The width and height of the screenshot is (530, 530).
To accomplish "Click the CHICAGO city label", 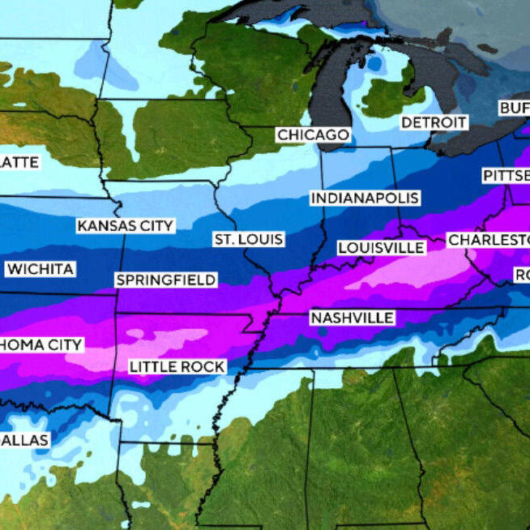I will pyautogui.click(x=313, y=135).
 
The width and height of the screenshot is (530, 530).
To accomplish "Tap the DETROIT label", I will pyautogui.click(x=434, y=122).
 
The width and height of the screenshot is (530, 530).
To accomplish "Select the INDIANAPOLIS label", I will pyautogui.click(x=365, y=199).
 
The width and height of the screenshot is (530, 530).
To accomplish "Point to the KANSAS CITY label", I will pyautogui.click(x=126, y=226).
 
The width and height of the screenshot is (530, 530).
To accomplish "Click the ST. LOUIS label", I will pyautogui.click(x=249, y=239).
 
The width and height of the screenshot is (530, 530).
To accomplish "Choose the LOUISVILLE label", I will pyautogui.click(x=381, y=247).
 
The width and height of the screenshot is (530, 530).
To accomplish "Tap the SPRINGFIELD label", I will pyautogui.click(x=166, y=280).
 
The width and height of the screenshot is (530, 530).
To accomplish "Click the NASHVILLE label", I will pyautogui.click(x=352, y=318).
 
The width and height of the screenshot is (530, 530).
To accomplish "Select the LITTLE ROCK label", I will pyautogui.click(x=177, y=367).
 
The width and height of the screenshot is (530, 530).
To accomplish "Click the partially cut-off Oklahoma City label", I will pyautogui.click(x=41, y=345).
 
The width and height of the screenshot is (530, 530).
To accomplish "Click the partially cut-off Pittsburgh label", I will pyautogui.click(x=505, y=176).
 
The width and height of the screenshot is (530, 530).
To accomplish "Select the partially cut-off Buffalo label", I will pyautogui.click(x=513, y=108).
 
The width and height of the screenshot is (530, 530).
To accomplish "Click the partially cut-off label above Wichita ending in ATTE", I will pyautogui.click(x=19, y=162).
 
